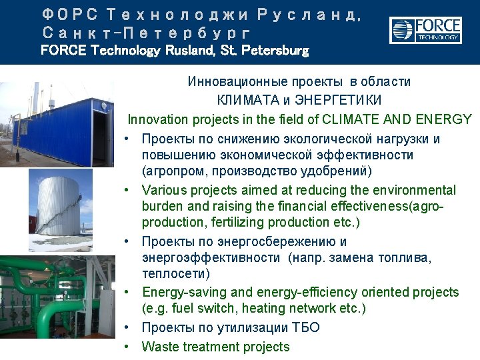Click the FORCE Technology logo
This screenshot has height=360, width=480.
425,30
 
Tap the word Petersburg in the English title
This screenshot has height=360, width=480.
275,50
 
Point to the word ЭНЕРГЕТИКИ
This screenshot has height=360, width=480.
338,100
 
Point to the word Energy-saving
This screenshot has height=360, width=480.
185,293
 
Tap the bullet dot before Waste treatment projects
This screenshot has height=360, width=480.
127,347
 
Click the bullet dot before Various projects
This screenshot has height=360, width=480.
127,190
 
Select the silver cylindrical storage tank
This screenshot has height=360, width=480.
59,206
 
